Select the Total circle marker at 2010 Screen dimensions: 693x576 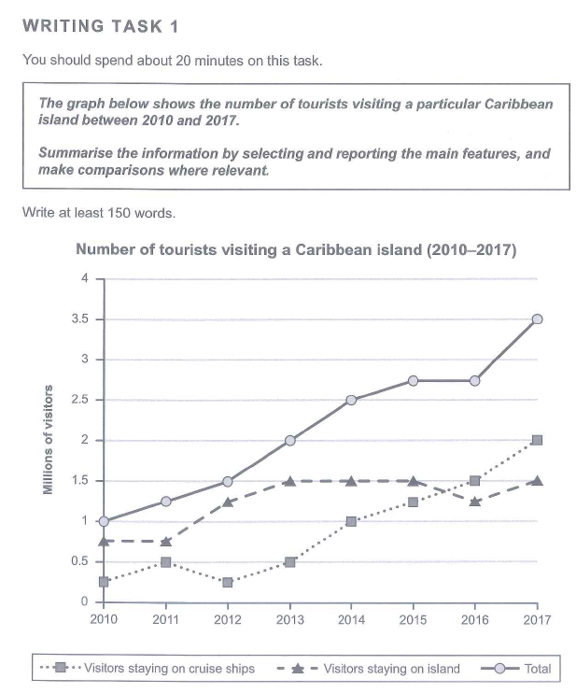(x=104, y=521)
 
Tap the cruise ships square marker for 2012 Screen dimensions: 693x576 (x=228, y=582)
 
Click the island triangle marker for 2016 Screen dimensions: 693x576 (x=475, y=501)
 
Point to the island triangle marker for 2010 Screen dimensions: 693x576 (x=104, y=541)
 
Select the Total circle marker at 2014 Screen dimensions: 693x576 (x=352, y=400)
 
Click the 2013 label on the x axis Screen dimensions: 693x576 (x=289, y=619)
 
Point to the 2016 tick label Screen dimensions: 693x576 (x=475, y=619)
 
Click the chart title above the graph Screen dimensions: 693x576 (x=295, y=250)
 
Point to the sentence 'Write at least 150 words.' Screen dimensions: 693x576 (x=98, y=212)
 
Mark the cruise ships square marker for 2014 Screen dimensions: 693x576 (x=352, y=521)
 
